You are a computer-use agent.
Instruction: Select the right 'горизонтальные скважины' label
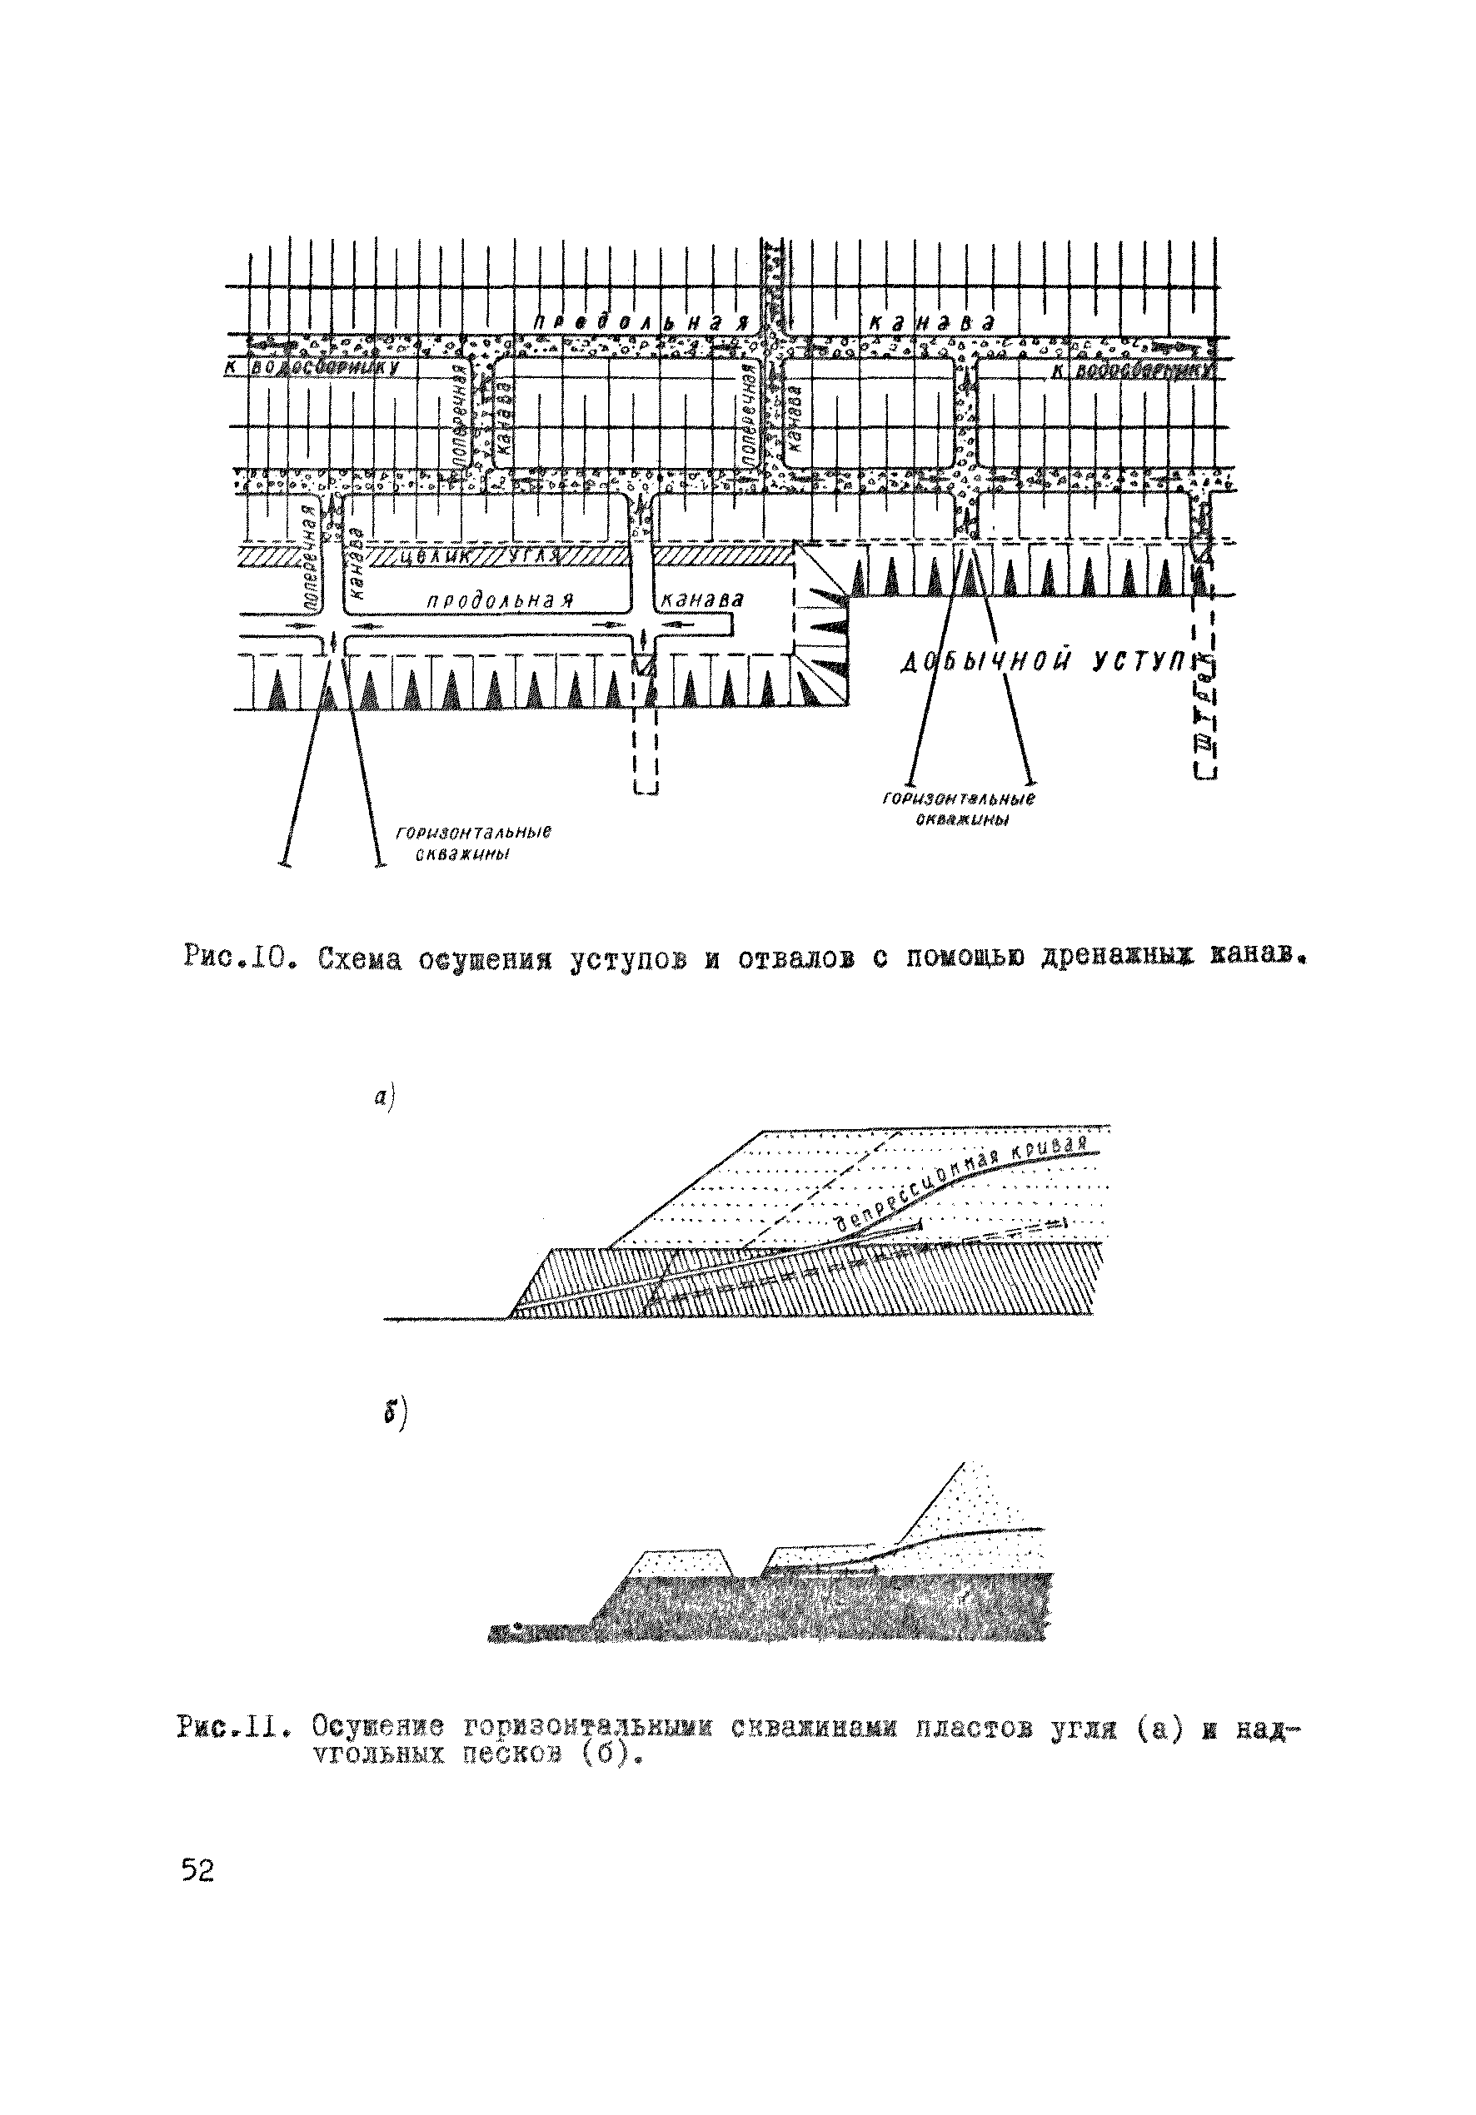959,808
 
